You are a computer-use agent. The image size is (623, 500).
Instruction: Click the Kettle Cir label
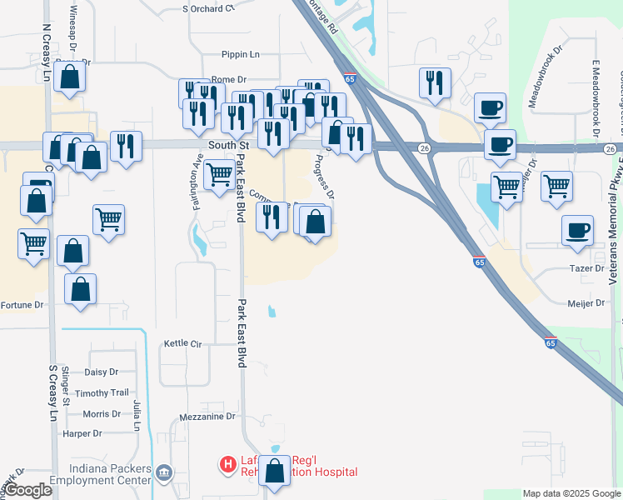coord(183,343)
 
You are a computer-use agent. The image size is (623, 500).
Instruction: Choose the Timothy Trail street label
coord(102,392)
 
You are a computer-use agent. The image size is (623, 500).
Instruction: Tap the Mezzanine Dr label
coord(208,417)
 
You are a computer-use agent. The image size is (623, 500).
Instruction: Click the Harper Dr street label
coord(82,433)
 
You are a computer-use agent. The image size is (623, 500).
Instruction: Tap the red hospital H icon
coord(226,464)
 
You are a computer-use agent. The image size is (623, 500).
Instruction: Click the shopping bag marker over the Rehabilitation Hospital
coord(274,471)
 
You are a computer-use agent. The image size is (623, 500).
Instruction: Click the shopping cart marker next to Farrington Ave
coord(218,174)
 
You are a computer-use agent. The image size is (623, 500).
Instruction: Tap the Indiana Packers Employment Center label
coord(100,474)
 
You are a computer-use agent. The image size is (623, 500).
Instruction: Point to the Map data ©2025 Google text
coord(571,493)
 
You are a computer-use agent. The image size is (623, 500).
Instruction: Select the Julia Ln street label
coord(137,415)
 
